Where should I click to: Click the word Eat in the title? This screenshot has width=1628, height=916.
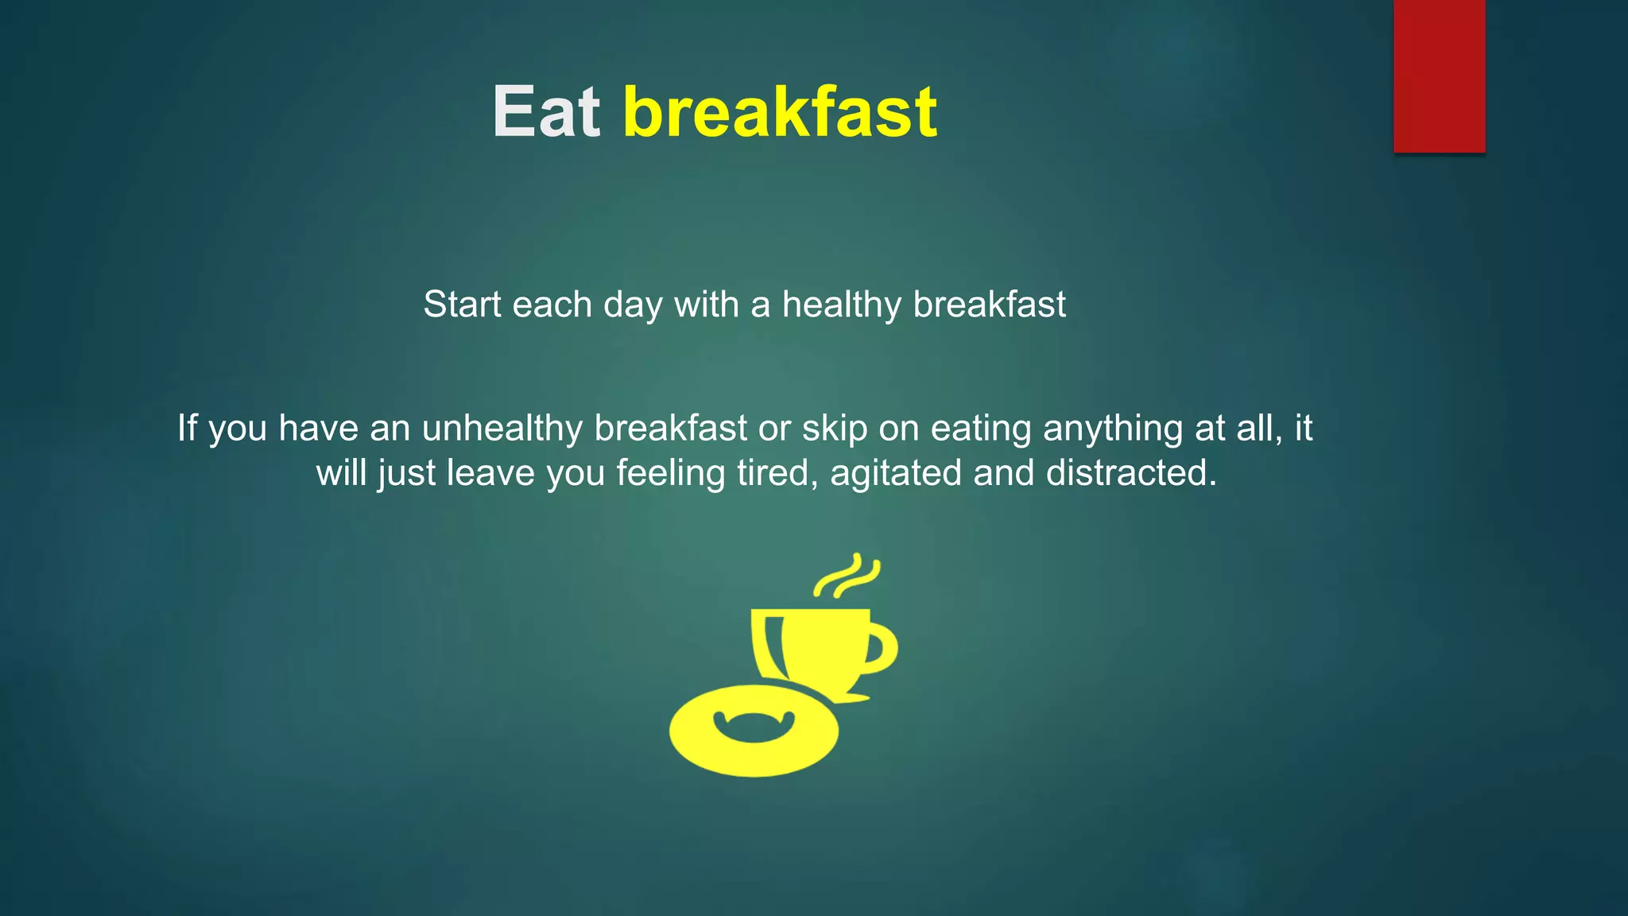click(x=546, y=112)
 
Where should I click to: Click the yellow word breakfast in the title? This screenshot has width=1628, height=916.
click(x=780, y=112)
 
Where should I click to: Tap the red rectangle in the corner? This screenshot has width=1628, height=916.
click(x=1439, y=76)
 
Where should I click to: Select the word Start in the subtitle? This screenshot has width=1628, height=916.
click(x=463, y=305)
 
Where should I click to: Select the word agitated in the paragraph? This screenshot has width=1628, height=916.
click(x=896, y=473)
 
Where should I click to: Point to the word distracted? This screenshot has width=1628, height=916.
click(x=1130, y=473)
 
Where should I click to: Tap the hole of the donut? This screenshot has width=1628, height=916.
click(x=754, y=725)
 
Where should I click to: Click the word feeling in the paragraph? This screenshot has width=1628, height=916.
click(x=670, y=473)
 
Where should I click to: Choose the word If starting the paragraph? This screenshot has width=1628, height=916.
click(x=187, y=429)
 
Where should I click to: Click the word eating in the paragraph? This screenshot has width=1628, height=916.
click(x=981, y=429)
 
